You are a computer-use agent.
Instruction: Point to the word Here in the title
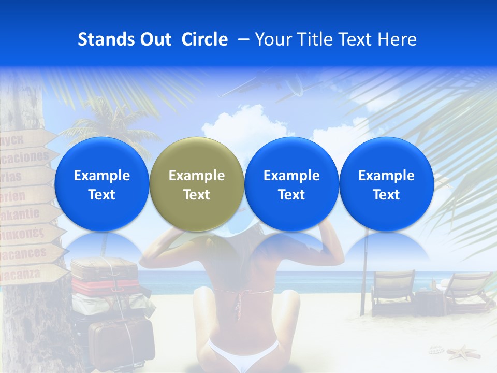[399, 39]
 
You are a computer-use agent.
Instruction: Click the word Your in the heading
[273, 39]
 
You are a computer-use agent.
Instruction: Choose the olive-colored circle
[196, 184]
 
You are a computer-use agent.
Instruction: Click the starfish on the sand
[463, 353]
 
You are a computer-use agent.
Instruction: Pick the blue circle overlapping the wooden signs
[101, 184]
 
